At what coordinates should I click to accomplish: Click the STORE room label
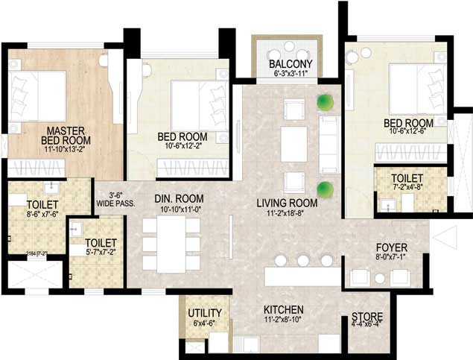(x=367, y=316)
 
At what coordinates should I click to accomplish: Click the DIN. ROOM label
(x=174, y=199)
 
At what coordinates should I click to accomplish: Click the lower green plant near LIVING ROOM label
(x=324, y=189)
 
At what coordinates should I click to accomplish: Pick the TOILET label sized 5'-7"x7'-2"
(x=100, y=243)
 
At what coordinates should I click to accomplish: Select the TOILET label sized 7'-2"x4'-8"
(x=410, y=178)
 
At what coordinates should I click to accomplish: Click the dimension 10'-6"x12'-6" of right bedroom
(x=408, y=133)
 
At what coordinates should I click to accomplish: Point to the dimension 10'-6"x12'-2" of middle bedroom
(x=182, y=147)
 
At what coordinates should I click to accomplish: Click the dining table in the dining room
(x=171, y=245)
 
